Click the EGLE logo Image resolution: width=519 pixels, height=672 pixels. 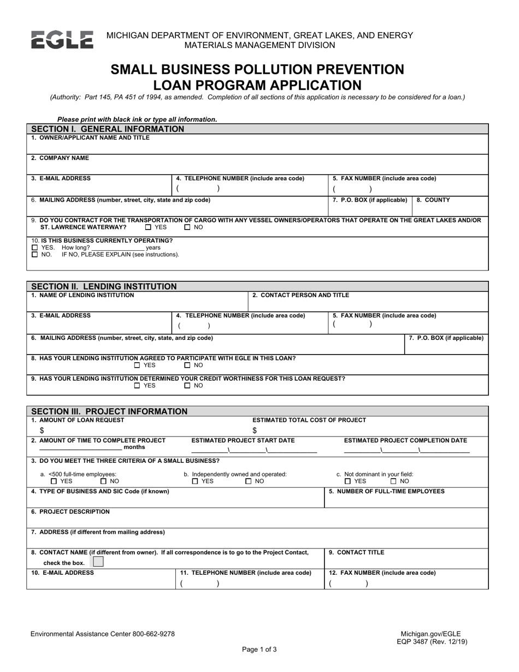62,40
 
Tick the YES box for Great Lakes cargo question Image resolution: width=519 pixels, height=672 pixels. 149,227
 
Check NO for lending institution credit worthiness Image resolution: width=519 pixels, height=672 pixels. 187,386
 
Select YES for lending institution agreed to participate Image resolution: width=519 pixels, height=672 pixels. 137,366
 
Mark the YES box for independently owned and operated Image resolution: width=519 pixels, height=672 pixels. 195,481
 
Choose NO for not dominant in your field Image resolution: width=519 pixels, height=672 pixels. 394,481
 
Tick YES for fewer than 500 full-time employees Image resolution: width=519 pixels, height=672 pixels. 54,481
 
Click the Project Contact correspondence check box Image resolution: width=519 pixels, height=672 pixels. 97,562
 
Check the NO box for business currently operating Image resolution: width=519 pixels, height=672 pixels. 35,255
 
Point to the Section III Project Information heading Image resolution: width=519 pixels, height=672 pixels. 109,411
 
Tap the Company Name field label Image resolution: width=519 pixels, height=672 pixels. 60,158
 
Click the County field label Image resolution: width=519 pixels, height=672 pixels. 433,200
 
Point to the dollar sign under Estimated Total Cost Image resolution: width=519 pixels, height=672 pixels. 255,431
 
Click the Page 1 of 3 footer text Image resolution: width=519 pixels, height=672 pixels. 259,650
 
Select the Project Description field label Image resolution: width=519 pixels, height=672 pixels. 70,512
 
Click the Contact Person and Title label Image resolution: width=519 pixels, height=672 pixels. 300,296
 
